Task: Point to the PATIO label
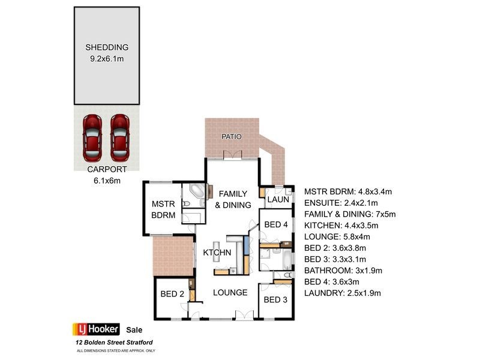[232, 137]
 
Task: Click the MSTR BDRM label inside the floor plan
[163, 209]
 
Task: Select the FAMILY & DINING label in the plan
[234, 199]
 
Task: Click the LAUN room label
[278, 199]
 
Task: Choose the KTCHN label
[217, 253]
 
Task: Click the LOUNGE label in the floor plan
[230, 293]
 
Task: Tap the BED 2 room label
[172, 294]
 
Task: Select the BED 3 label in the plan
[276, 299]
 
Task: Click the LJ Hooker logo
[97, 329]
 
